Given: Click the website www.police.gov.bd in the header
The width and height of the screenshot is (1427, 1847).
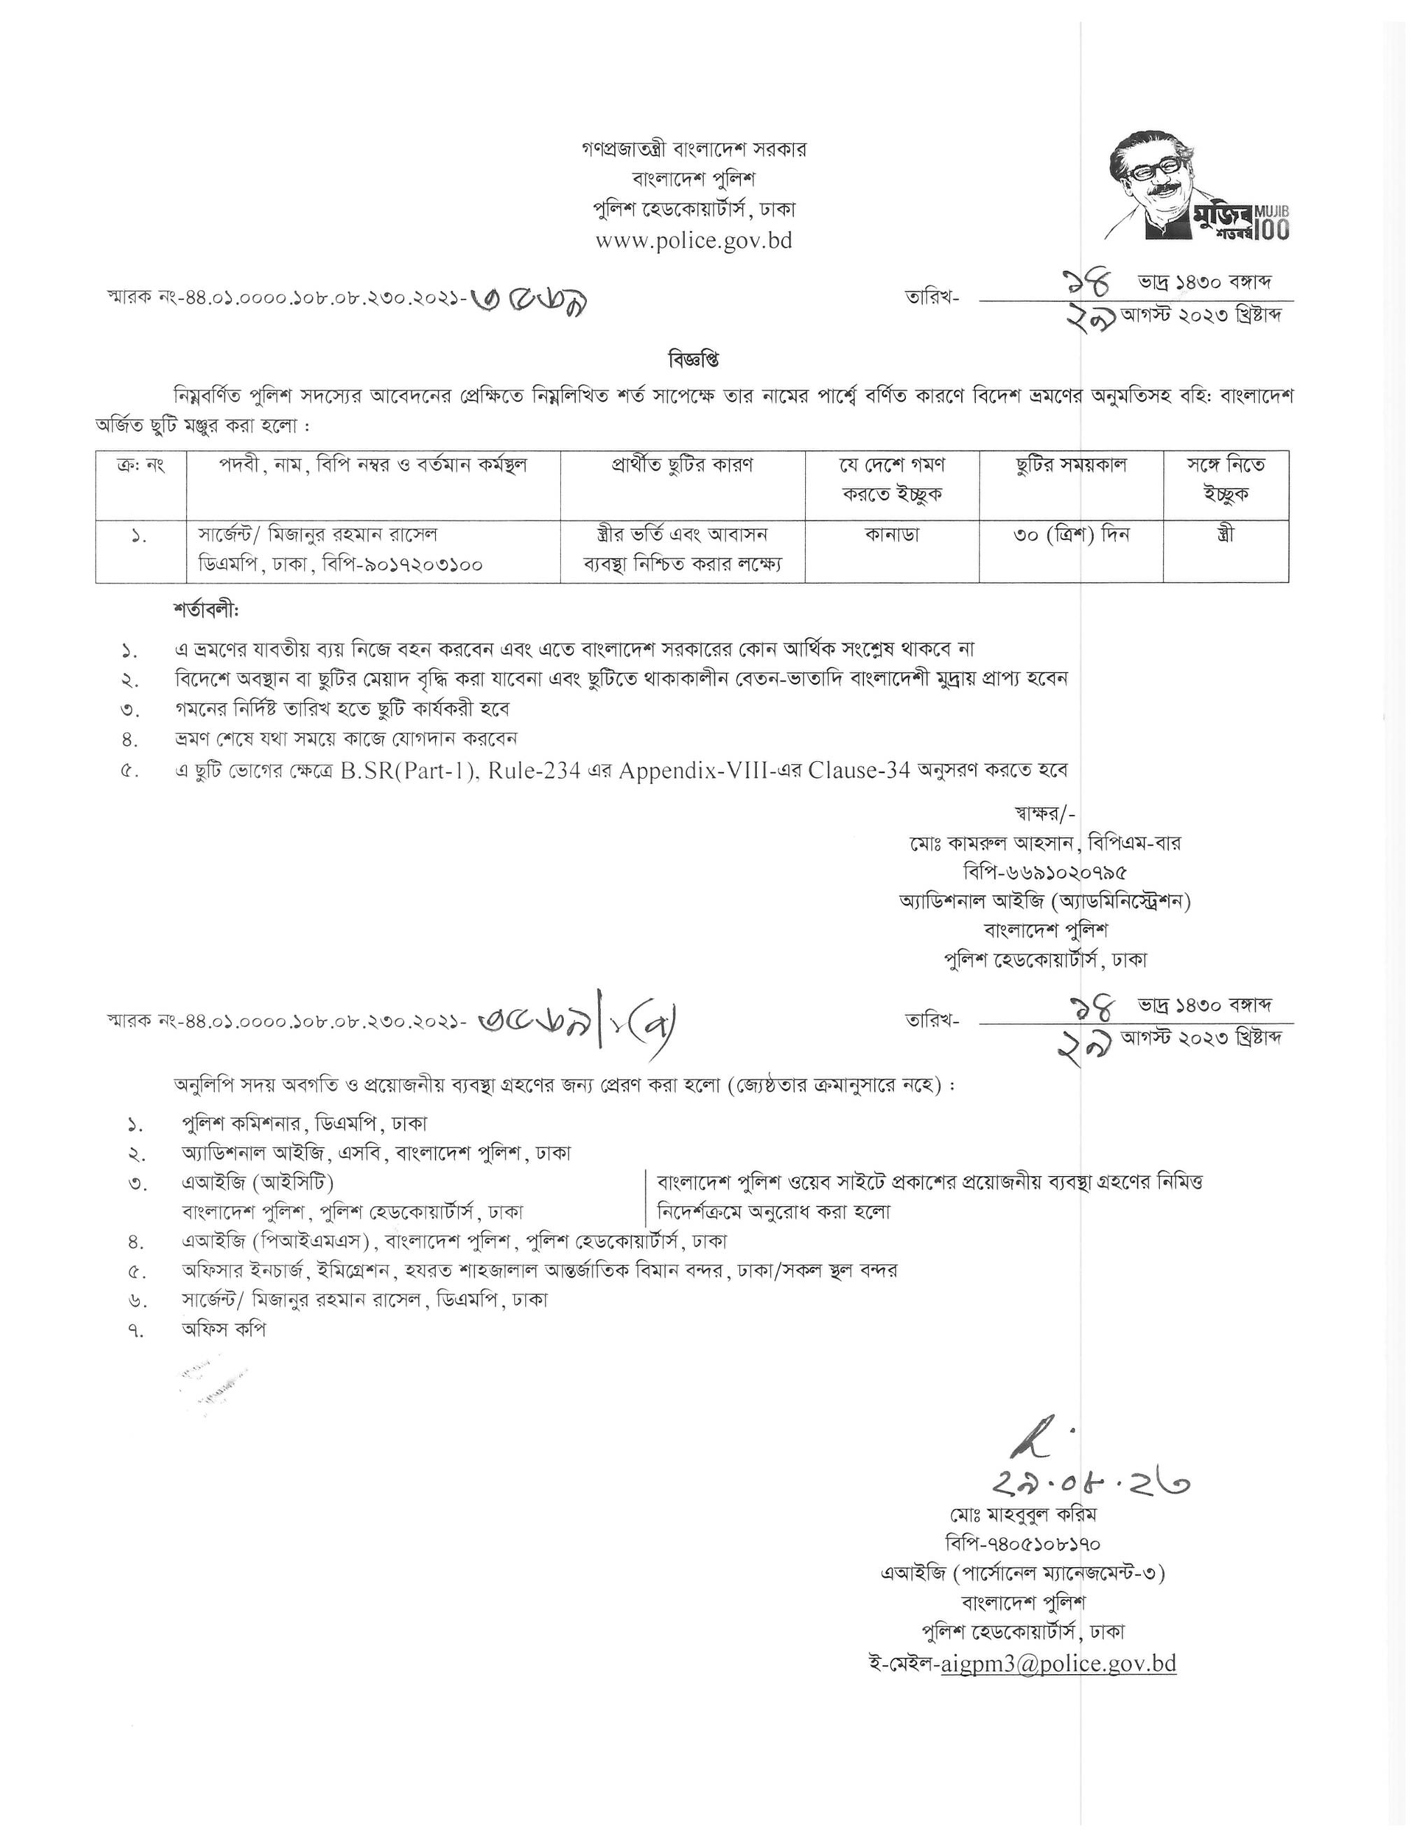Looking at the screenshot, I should [x=694, y=241].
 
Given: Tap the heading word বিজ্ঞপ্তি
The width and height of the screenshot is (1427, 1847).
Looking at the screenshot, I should [x=693, y=360].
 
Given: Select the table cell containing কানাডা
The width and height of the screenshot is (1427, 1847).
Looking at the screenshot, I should [x=892, y=535].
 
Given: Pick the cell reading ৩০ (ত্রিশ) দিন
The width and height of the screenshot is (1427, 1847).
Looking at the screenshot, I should [x=1071, y=535].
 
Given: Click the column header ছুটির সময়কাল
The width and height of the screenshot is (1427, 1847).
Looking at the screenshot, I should [x=1071, y=465].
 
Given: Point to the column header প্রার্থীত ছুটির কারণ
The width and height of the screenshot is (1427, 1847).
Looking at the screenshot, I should [x=682, y=465].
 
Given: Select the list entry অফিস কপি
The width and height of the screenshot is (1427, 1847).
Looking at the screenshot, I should [x=224, y=1329].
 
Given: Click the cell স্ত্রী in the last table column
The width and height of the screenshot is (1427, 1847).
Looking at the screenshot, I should [x=1226, y=535].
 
